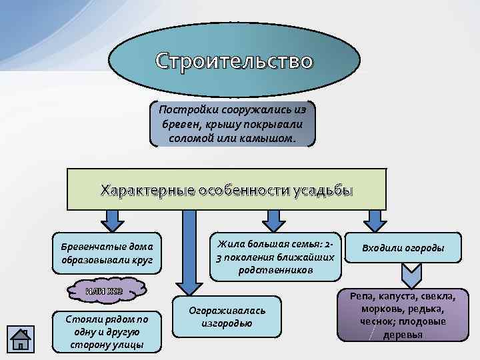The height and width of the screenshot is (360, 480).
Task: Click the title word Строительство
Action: click(233, 61)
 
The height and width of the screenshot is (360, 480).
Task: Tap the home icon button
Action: click(21, 338)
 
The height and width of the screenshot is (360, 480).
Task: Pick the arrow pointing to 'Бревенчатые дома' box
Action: click(113, 219)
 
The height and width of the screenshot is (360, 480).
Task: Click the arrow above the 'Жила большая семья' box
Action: click(272, 219)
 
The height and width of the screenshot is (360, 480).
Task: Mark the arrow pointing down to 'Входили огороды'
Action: click(375, 219)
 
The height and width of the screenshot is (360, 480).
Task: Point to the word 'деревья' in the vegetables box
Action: click(403, 333)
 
